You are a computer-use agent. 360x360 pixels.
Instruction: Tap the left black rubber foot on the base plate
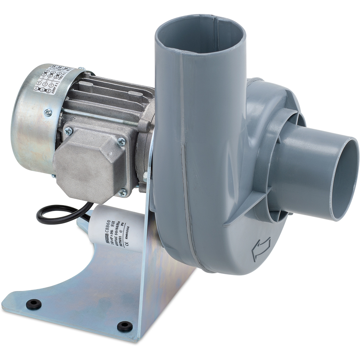33,304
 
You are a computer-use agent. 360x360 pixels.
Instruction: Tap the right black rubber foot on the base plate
125,326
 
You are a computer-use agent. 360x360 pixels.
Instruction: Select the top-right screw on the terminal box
122,142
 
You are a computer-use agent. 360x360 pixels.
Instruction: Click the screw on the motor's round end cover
48,113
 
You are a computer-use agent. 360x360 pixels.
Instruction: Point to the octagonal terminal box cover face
92,164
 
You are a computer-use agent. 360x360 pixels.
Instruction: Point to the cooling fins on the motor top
108,90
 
